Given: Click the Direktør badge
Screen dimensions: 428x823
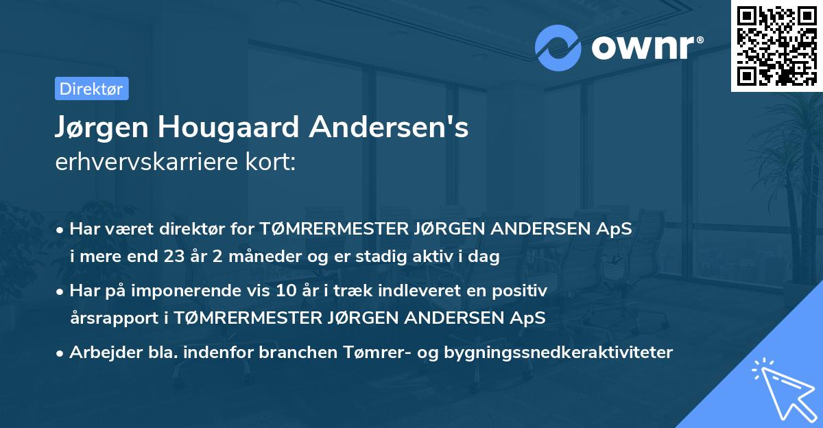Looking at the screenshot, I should coord(91,89).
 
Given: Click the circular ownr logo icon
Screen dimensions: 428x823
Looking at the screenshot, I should coord(558,47).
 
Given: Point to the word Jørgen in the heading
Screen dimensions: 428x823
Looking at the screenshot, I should coord(102,128).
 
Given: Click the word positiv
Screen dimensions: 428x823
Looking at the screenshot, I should coord(523,291).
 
